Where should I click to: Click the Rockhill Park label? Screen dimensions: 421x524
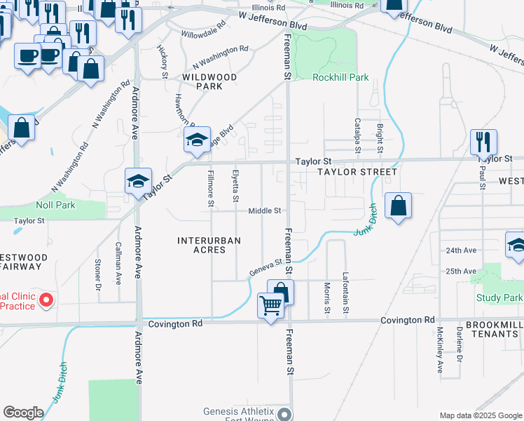coord(340,77)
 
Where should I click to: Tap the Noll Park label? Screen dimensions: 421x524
coord(55,205)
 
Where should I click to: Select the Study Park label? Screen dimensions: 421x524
coord(499,298)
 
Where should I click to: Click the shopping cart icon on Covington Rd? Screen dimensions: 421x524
coord(271,307)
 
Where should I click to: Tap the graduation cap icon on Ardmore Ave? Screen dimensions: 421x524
coord(138,182)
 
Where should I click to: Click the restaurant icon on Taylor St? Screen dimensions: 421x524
coord(483,142)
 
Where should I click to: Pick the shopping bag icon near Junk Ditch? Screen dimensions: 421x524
coord(398,206)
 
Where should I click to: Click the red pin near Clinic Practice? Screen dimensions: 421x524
coord(46,300)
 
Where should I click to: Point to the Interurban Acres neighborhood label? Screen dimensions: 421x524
coord(209,246)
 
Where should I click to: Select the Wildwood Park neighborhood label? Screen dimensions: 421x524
coord(209,81)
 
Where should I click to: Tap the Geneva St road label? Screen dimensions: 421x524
coord(266,267)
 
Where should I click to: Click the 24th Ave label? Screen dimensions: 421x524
coord(460,250)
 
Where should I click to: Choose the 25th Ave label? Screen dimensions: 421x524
coord(460,271)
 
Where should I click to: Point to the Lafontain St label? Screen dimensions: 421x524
coord(345,293)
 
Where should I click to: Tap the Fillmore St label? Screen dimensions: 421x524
coord(209,189)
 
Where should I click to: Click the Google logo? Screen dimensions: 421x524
coord(23,413)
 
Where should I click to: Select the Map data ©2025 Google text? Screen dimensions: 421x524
coord(480,415)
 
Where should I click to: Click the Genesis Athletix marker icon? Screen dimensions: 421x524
coord(284,414)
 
